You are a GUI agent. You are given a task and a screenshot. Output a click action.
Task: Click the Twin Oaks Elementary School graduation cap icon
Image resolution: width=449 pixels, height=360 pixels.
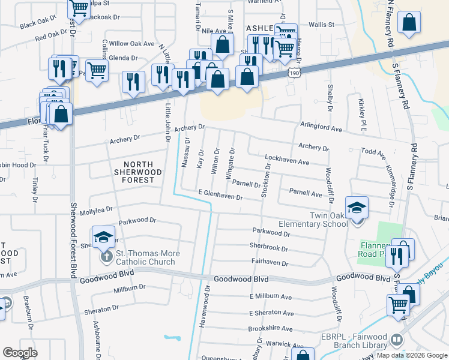[357, 208]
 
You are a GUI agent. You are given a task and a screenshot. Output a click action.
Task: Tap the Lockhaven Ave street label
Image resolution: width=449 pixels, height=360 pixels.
[287, 160]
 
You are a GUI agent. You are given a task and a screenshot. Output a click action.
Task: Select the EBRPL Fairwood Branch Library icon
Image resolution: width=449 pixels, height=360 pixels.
[396, 340]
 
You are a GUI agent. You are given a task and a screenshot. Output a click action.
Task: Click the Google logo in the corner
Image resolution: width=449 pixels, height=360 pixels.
[20, 353]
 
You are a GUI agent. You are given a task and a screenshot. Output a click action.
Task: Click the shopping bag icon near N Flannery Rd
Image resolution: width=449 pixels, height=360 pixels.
[409, 23]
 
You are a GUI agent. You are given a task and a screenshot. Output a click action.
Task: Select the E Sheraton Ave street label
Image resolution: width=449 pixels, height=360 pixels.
[271, 313]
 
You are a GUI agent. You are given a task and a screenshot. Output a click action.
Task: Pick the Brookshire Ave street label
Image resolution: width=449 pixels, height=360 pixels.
[270, 329]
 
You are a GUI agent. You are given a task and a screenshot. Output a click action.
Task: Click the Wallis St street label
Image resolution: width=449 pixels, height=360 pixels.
[321, 25]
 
